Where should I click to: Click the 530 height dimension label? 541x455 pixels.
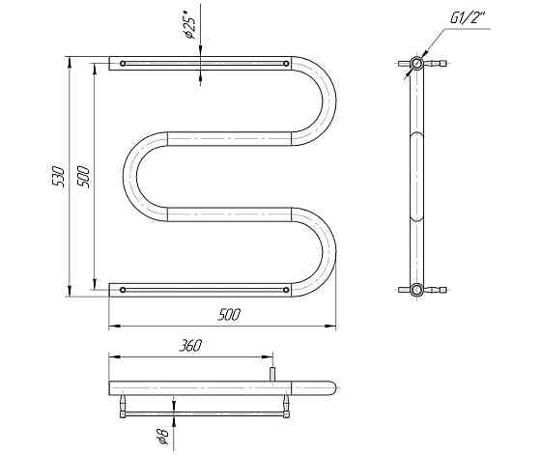(58, 176)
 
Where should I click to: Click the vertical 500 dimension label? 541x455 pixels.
(84, 176)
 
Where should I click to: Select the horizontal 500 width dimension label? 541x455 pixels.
(229, 315)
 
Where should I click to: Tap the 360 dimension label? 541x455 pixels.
(190, 346)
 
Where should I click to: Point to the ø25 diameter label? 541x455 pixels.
(189, 24)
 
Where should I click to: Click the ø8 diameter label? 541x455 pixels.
(163, 436)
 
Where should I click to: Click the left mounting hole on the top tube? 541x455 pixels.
(123, 64)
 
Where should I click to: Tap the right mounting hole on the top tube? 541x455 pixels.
(286, 64)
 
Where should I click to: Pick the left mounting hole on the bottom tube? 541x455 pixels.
(123, 290)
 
